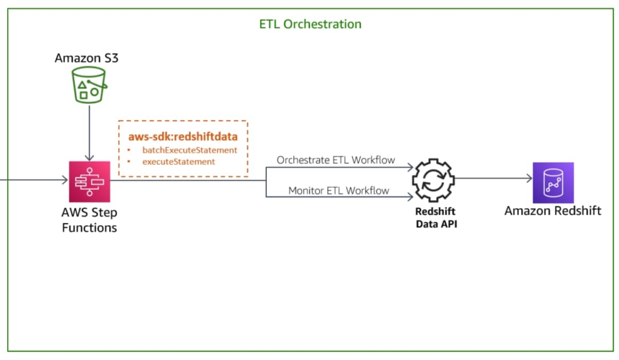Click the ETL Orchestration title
(x=309, y=25)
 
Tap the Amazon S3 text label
(x=86, y=59)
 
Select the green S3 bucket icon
(x=89, y=85)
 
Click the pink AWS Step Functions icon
(x=90, y=181)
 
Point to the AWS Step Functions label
(x=90, y=220)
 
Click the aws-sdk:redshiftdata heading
(x=183, y=137)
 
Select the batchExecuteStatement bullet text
(x=190, y=150)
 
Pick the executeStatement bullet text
(x=179, y=161)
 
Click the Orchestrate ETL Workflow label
(x=335, y=160)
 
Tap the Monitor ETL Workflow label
(x=339, y=190)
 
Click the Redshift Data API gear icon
(x=433, y=180)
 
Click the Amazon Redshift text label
(x=553, y=211)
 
